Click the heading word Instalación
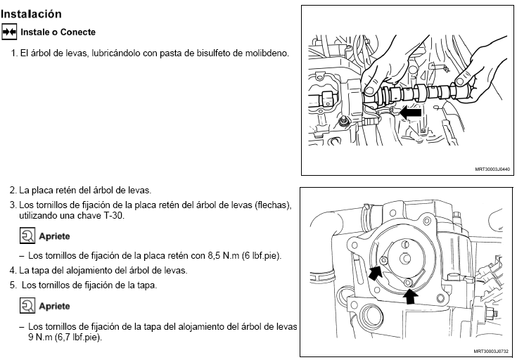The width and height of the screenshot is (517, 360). (x=32, y=14)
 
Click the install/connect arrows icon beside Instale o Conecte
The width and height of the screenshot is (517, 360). (x=9, y=32)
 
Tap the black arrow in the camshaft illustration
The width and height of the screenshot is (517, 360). (x=411, y=112)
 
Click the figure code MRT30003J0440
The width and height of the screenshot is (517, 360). (x=492, y=169)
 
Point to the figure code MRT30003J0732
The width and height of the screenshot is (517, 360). (x=491, y=351)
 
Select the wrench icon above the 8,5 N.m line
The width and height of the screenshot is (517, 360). (x=27, y=236)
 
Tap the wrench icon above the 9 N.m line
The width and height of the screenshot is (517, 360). (x=27, y=306)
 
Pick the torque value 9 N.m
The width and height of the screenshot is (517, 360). (x=40, y=337)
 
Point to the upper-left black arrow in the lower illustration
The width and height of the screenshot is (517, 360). (x=376, y=272)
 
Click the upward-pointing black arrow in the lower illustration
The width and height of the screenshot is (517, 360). (x=410, y=296)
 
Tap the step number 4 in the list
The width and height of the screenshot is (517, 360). (x=13, y=270)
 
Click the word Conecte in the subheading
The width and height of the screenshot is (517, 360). (x=78, y=32)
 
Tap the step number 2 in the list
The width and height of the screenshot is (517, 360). (x=13, y=191)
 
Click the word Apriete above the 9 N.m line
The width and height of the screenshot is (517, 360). (x=54, y=306)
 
